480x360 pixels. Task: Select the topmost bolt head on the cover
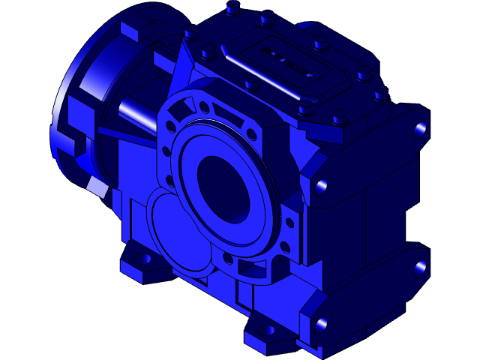(x=232, y=7)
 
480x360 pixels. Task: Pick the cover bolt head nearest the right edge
(x=382, y=94)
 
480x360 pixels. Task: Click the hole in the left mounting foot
(x=143, y=260)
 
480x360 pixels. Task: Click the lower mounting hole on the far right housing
(x=420, y=266)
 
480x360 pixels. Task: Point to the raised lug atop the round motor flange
(x=133, y=32)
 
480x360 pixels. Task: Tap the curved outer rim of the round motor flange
(x=63, y=112)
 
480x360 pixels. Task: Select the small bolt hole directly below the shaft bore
(x=227, y=258)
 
